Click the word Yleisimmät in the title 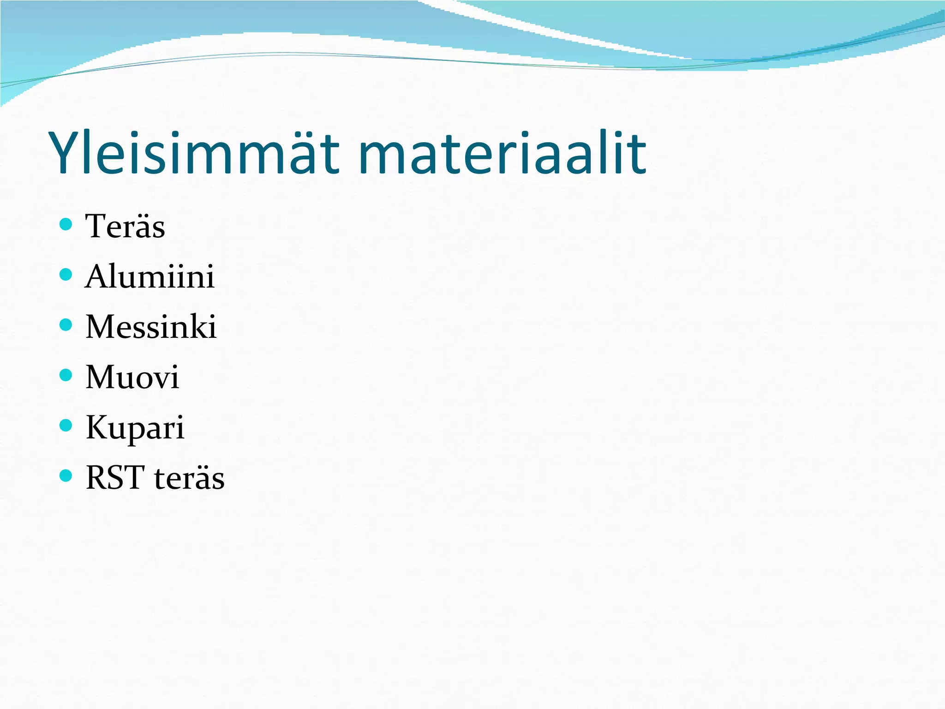tap(194, 153)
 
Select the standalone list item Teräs tap(125, 227)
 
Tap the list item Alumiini tap(150, 276)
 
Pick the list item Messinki tap(151, 327)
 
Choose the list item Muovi tap(132, 377)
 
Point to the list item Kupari tap(135, 427)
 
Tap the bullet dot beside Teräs tap(66, 225)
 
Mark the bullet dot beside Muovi tap(66, 375)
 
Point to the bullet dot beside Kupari tap(66, 425)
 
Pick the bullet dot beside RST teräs tap(66, 475)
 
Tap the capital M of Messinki tap(100, 327)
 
